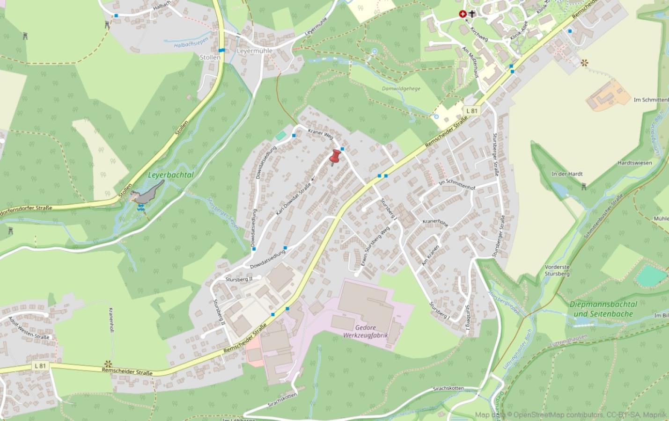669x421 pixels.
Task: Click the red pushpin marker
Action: [x=335, y=157]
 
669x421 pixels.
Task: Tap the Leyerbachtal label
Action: [x=170, y=175]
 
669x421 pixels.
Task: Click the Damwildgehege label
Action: [x=401, y=88]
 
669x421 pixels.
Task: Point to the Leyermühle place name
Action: [x=255, y=51]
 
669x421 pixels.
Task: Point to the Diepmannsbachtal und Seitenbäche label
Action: [x=602, y=309]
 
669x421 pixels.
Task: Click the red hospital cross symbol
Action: [x=463, y=15]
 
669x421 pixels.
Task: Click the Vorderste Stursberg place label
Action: [x=557, y=270]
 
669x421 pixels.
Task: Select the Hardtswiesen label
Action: [x=635, y=163]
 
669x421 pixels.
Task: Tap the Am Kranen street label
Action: [x=431, y=255]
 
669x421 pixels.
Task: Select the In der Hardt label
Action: [x=566, y=174]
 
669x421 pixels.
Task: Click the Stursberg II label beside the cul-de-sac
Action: [x=239, y=279]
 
